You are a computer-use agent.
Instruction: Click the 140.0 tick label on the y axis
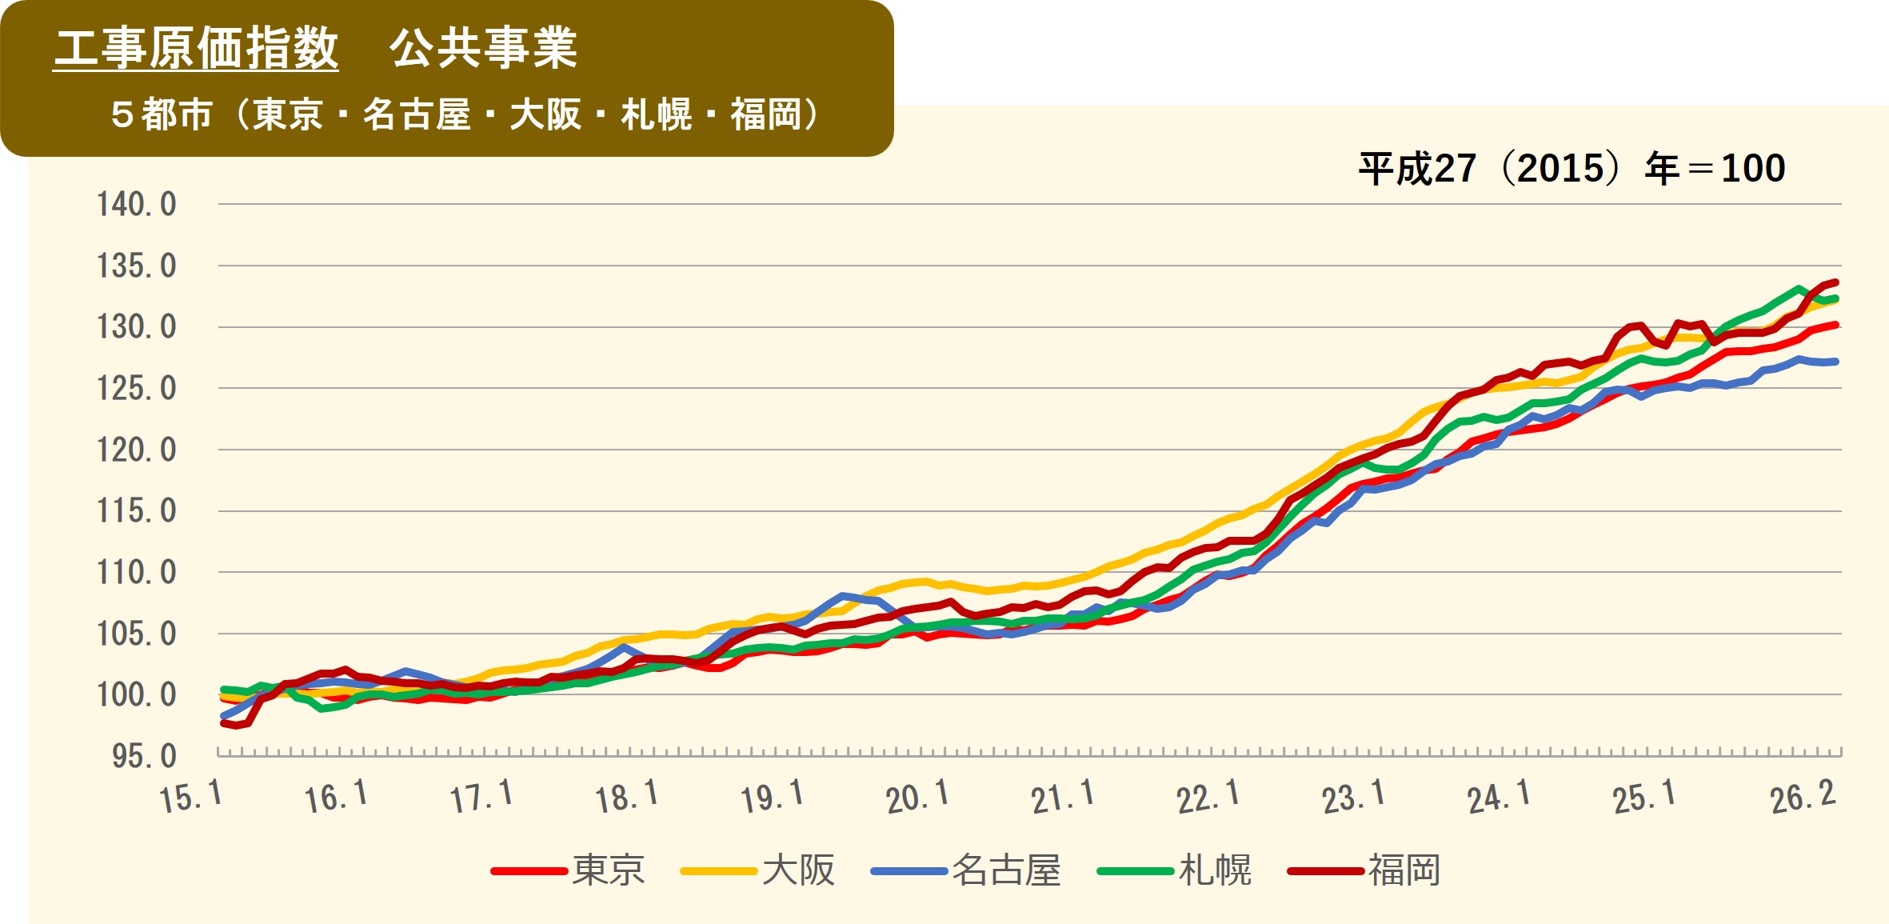pos(137,205)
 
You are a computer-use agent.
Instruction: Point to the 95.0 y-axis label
pos(144,757)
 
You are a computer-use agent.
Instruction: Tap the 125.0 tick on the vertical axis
pos(137,389)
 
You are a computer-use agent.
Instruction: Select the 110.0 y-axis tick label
pos(137,573)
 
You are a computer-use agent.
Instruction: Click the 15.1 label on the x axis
pos(190,797)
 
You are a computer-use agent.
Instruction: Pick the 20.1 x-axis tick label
pos(917,797)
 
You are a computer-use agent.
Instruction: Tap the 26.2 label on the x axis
pos(1803,797)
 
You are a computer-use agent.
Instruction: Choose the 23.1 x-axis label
pos(1352,797)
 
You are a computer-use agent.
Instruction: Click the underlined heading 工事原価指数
pos(196,48)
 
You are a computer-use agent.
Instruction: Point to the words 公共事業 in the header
pos(483,48)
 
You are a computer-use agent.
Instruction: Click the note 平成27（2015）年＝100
pos(1572,169)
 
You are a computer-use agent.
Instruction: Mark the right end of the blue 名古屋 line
pos(1836,362)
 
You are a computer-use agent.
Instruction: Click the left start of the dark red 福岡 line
pos(223,722)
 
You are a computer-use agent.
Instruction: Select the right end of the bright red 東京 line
pos(1836,325)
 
